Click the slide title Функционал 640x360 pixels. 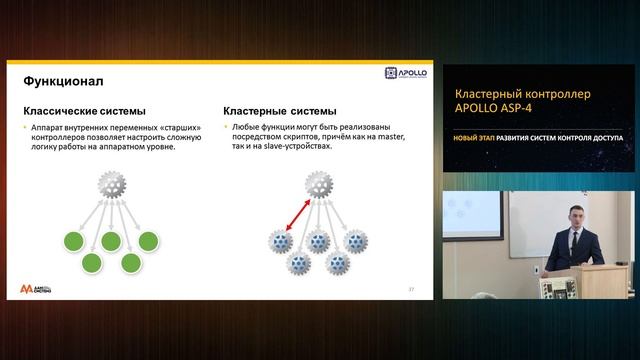coord(63,79)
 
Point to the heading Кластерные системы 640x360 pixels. coord(279,111)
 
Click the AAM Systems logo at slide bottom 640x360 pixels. coord(37,288)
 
